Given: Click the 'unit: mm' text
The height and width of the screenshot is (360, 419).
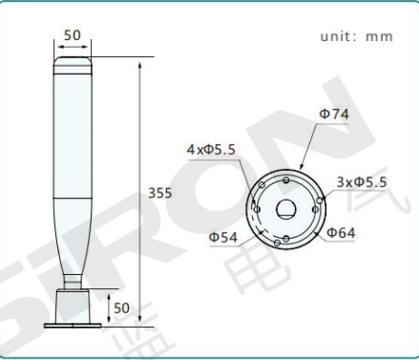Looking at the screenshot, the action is (357, 36).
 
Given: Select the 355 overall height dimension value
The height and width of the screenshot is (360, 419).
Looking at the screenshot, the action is (160, 193).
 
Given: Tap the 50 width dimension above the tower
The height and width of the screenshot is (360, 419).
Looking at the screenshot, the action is (73, 35).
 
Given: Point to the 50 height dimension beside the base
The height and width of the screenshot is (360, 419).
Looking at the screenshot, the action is (121, 307).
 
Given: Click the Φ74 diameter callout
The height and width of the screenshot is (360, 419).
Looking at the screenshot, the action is (334, 114).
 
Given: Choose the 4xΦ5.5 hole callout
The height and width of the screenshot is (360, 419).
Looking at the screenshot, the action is (211, 149).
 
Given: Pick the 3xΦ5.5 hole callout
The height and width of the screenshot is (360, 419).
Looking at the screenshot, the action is (362, 182).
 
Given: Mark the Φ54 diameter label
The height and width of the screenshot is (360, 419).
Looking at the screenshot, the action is (223, 237).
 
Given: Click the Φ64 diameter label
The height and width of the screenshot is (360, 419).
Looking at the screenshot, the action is (341, 233).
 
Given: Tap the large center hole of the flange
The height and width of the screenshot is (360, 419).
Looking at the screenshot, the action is (286, 209).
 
